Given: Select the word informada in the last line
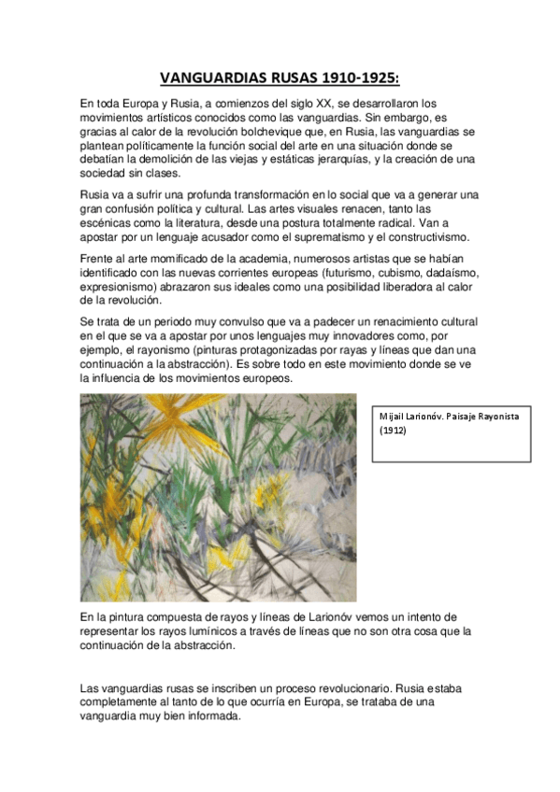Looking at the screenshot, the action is pos(210,716).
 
